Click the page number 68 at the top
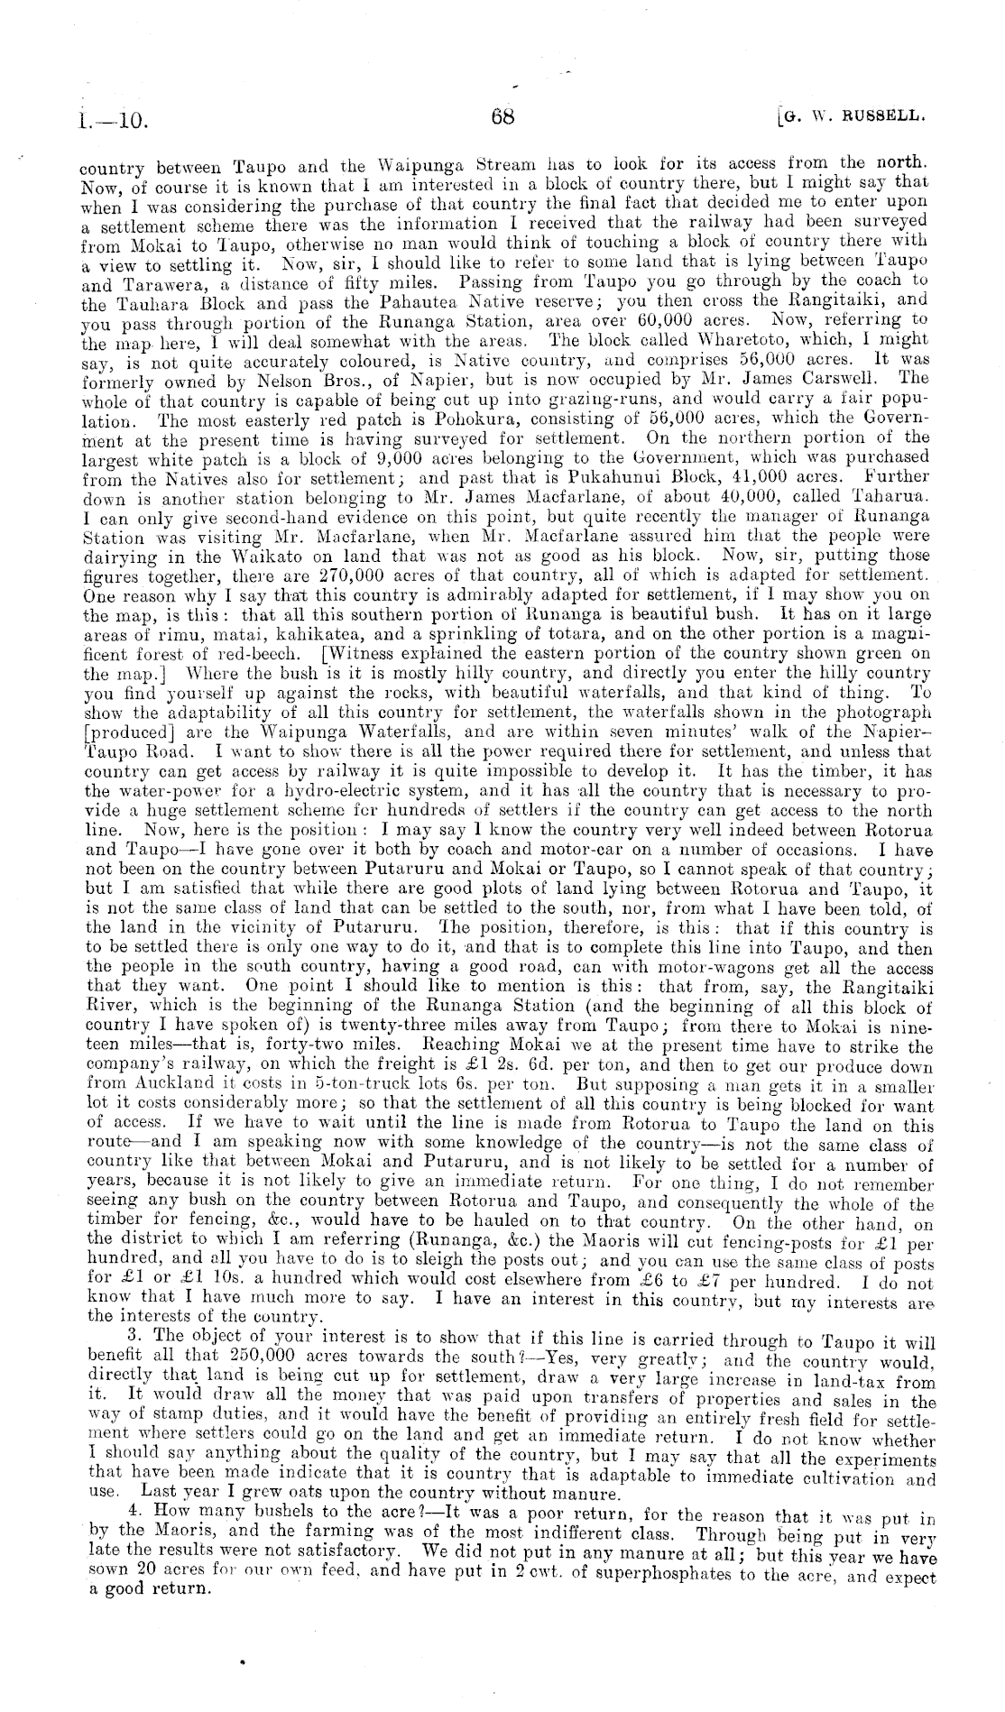[x=502, y=116]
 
